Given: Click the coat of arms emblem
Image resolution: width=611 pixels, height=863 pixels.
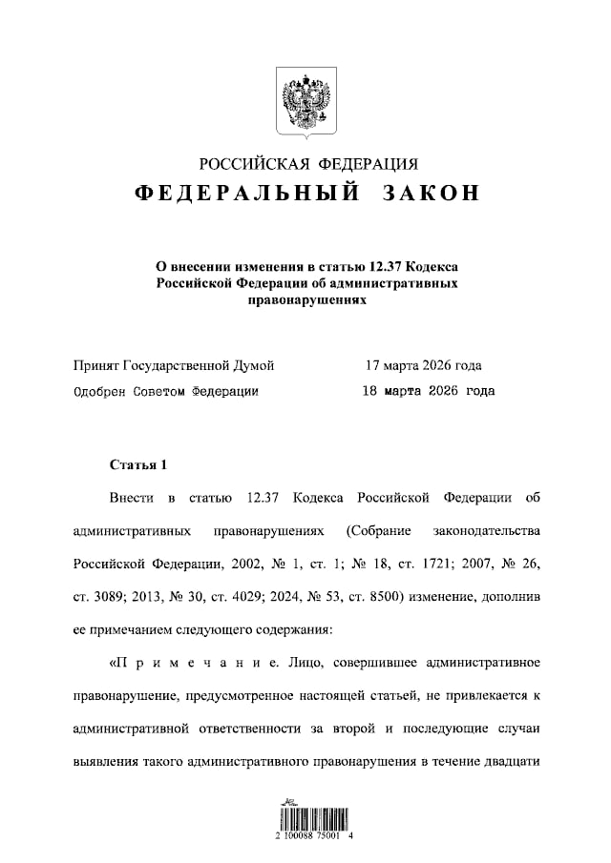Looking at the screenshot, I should point(305,101).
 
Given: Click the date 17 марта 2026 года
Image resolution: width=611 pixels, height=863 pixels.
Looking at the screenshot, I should point(423,365).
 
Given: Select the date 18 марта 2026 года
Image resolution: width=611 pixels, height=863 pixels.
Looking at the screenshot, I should point(429,390).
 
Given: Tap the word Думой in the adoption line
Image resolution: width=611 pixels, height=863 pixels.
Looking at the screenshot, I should point(254,365).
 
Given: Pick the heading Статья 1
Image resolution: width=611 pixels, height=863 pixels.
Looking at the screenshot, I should point(138,465).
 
